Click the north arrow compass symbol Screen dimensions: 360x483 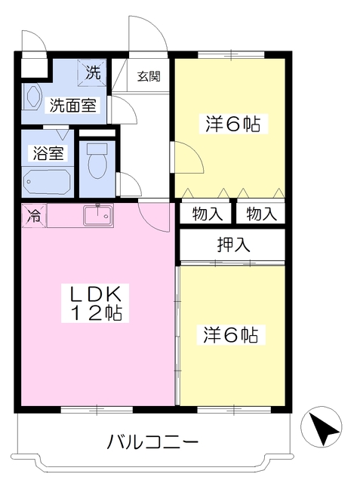click(322, 427)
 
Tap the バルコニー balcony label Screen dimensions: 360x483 click(152, 442)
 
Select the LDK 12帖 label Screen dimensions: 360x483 click(95, 303)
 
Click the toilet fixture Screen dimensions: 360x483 click(97, 161)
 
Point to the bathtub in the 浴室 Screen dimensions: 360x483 click(48, 181)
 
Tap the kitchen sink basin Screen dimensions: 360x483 click(97, 216)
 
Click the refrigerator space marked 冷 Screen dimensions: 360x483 click(33, 215)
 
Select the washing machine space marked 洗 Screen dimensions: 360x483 click(92, 72)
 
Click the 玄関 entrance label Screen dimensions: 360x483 click(149, 75)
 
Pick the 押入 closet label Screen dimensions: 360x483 click(233, 245)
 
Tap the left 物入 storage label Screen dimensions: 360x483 click(207, 214)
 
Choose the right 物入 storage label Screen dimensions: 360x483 click(261, 214)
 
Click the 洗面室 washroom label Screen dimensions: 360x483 click(72, 106)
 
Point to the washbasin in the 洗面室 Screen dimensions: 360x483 click(32, 97)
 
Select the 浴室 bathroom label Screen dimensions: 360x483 click(48, 152)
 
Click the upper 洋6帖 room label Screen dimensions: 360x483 click(232, 124)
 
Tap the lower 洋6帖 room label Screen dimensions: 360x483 click(231, 335)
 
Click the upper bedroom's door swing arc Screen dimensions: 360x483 click(197, 151)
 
